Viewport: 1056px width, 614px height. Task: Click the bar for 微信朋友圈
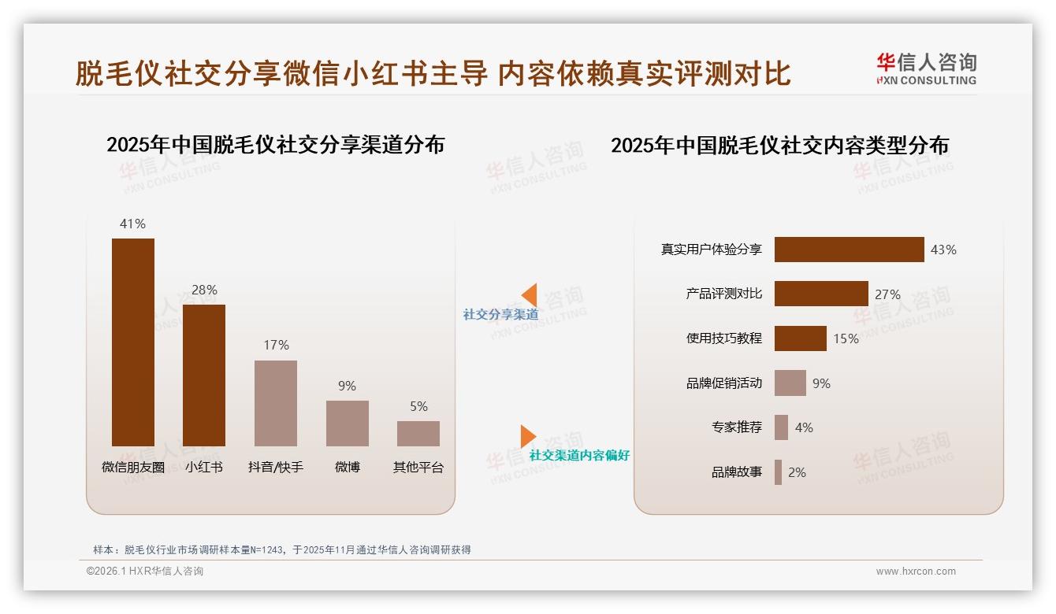pyautogui.click(x=133, y=342)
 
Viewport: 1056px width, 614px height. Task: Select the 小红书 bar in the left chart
pyautogui.click(x=204, y=375)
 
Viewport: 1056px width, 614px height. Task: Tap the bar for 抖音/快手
pyautogui.click(x=276, y=403)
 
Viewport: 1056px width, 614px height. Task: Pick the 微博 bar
pyautogui.click(x=348, y=424)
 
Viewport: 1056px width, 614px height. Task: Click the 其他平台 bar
pyautogui.click(x=418, y=434)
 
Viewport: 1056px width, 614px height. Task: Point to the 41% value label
pyautogui.click(x=132, y=224)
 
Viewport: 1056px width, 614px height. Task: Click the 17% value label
pyautogui.click(x=276, y=345)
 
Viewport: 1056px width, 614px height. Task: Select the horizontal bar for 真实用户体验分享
pyautogui.click(x=849, y=250)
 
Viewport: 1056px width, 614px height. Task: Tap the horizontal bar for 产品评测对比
pyautogui.click(x=821, y=294)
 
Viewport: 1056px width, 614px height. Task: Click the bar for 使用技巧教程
pyautogui.click(x=800, y=338)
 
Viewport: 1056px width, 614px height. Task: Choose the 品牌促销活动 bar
pyautogui.click(x=790, y=383)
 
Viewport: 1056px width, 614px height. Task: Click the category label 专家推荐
pyautogui.click(x=736, y=427)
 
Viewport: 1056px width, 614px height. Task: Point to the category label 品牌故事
pyautogui.click(x=736, y=472)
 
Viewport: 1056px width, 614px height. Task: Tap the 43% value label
pyautogui.click(x=943, y=250)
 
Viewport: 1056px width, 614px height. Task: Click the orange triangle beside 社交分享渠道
pyautogui.click(x=530, y=295)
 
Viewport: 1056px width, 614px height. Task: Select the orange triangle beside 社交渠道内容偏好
pyautogui.click(x=527, y=436)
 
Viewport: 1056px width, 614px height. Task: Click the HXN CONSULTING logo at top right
pyautogui.click(x=926, y=69)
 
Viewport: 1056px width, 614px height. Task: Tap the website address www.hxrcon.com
pyautogui.click(x=916, y=571)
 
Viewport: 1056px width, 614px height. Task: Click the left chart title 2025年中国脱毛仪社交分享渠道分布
pyautogui.click(x=275, y=145)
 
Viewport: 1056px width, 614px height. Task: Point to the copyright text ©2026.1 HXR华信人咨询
pyautogui.click(x=145, y=571)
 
